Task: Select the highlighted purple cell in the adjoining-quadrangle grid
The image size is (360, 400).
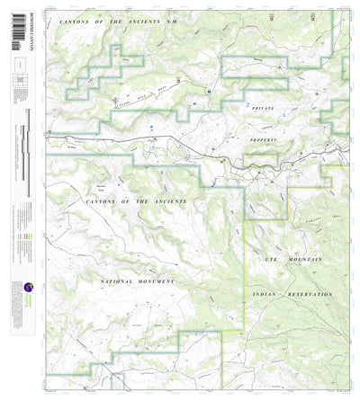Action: click(x=16, y=82)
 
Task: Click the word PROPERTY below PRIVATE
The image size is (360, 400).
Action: click(x=266, y=142)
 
